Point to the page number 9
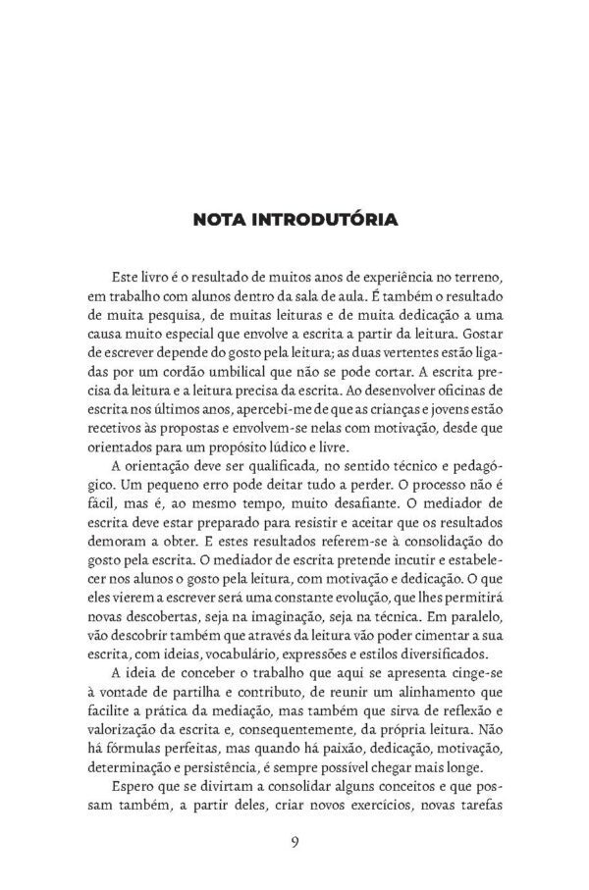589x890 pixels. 294,842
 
